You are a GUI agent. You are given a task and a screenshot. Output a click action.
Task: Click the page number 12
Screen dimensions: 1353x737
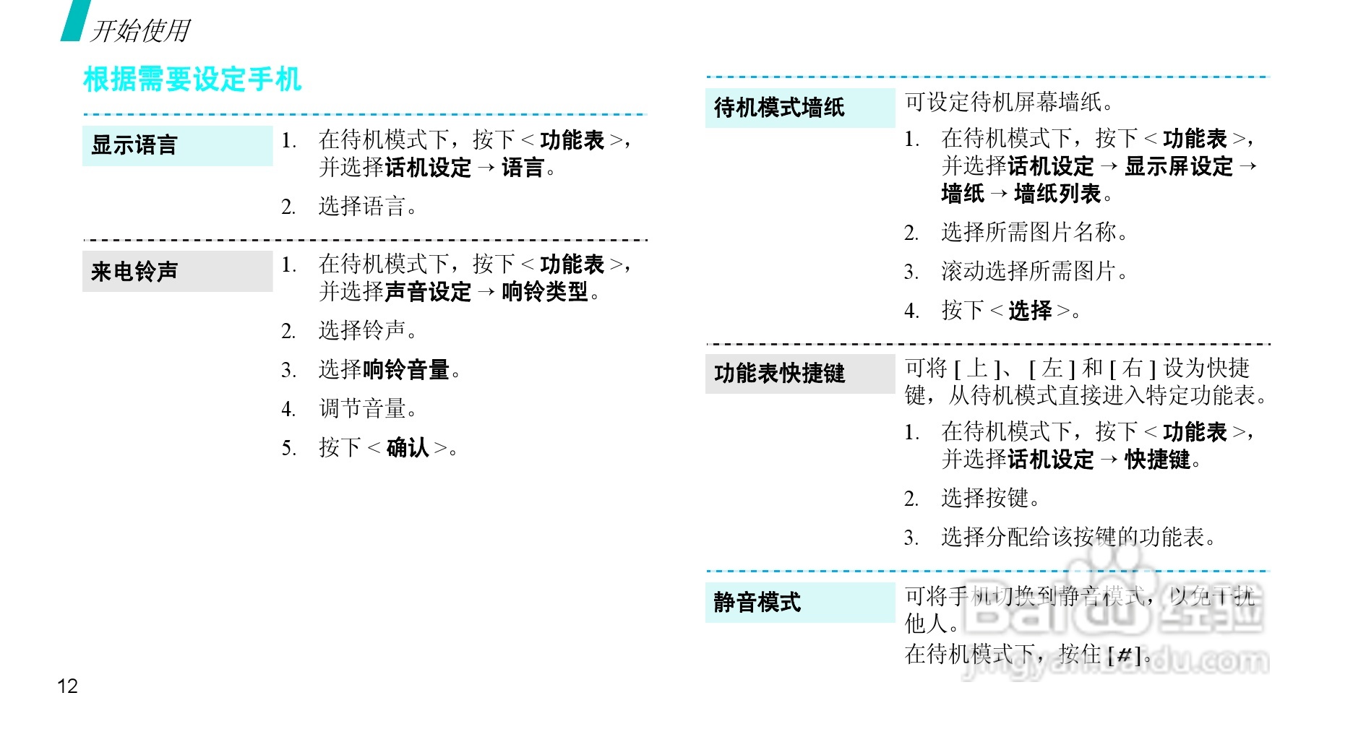[x=67, y=686]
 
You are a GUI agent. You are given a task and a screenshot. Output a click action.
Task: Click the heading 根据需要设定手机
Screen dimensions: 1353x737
[x=192, y=79]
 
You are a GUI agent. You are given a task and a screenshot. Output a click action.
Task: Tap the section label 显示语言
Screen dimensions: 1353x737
[x=134, y=145]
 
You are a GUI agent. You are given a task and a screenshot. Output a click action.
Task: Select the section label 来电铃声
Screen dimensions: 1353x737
[x=134, y=272]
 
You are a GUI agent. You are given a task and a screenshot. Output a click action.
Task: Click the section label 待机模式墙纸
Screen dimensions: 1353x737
[x=779, y=108]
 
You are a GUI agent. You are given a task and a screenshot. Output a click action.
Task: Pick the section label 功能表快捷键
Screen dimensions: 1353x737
[x=779, y=374]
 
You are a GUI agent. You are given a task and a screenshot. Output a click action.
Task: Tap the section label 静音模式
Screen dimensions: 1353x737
[x=757, y=602]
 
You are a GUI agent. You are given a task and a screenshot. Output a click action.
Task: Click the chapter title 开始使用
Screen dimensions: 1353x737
[x=140, y=30]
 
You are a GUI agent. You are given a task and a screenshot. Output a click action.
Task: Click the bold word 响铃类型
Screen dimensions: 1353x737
[x=545, y=292]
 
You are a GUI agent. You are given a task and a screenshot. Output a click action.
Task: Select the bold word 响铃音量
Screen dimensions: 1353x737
[x=406, y=370]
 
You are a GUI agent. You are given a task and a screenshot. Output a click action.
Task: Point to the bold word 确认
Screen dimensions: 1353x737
[x=408, y=448]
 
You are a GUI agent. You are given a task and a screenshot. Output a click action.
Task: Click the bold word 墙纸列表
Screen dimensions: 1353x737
[x=1057, y=194]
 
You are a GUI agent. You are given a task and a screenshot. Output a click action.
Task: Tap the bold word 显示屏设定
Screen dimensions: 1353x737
[x=1179, y=166]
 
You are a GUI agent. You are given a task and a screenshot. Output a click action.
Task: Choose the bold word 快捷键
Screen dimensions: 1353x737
[x=1157, y=460]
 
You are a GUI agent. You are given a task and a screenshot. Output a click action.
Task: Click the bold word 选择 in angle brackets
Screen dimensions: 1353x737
[x=1030, y=311]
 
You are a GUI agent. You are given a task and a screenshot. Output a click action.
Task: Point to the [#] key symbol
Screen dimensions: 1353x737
[x=1125, y=655]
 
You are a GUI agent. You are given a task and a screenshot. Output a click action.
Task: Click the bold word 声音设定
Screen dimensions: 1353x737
[x=428, y=292]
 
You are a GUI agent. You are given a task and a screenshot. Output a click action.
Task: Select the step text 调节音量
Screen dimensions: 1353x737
[x=363, y=409]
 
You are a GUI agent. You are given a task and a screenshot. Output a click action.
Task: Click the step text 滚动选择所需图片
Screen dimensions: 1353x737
[x=1029, y=272]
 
